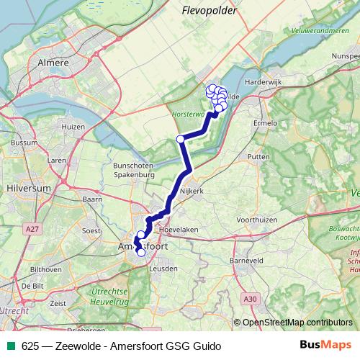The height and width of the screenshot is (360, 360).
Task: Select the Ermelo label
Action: click(x=265, y=122)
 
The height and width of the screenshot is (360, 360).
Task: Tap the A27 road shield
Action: click(x=30, y=228)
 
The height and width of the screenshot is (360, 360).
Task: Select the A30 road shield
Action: click(x=250, y=298)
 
